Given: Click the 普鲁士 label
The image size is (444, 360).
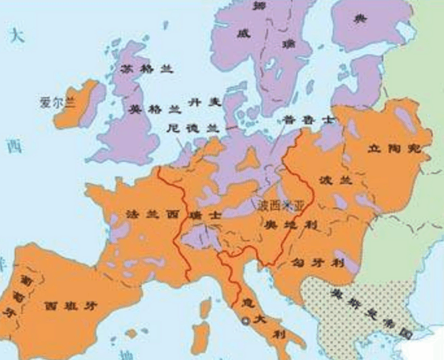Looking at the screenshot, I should point(298,121).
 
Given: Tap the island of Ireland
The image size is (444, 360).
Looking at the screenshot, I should point(80,107).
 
